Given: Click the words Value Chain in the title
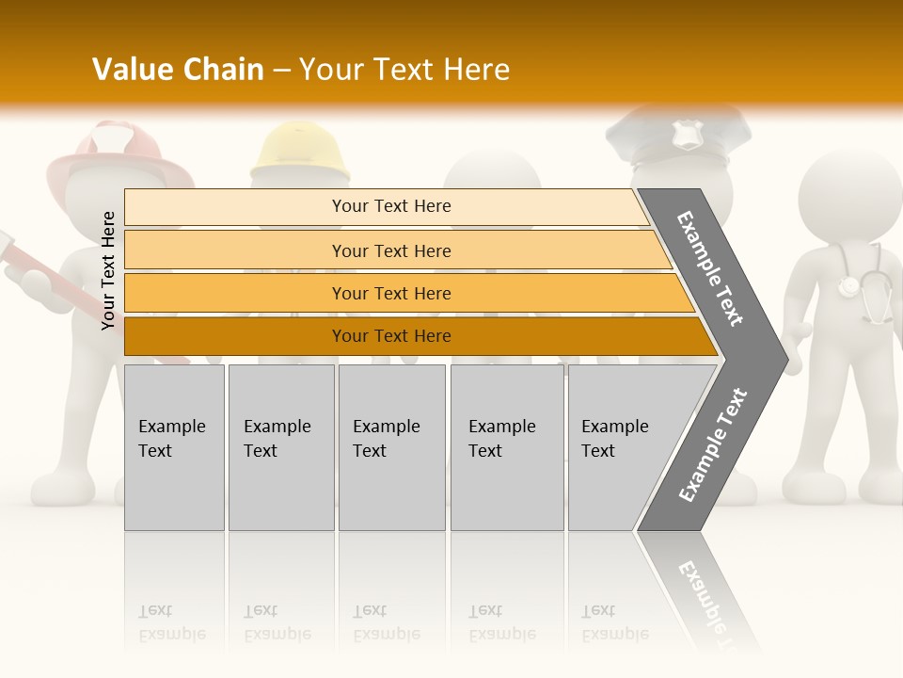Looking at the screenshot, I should coord(178,70).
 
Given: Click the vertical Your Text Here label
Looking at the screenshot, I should coord(108,270).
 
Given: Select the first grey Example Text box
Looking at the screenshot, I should coord(174,447).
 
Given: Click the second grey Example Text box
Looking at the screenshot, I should coord(280,447).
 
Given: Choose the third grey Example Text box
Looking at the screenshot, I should coord(391,447).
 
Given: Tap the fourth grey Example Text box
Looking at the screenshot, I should coord(506,447).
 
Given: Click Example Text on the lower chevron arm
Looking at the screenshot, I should coord(712,445).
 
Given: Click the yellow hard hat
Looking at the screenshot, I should coord(299,153).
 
